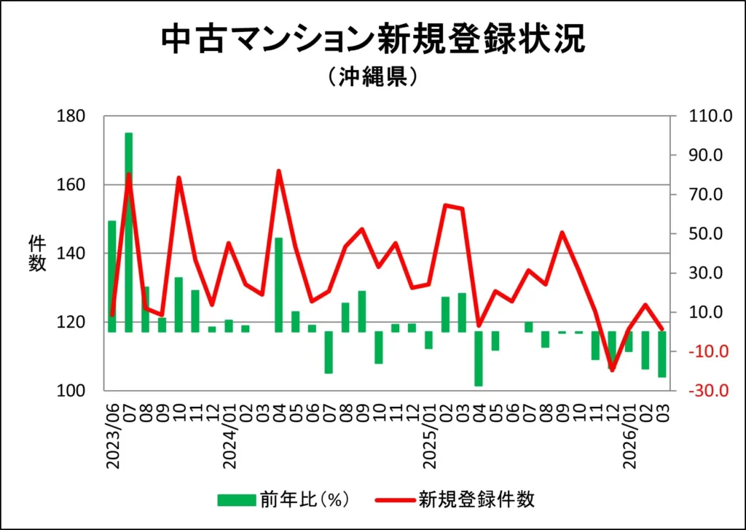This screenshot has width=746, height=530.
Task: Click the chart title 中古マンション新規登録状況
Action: point(372,40)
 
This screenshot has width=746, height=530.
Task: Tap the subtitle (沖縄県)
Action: point(372,76)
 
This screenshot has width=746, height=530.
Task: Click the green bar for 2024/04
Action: point(278,284)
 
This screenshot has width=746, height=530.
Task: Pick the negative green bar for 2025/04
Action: point(478,359)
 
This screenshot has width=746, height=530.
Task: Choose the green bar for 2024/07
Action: point(329,352)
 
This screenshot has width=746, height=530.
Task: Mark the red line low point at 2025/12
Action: point(611,370)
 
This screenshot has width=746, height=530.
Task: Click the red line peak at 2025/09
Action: point(562,233)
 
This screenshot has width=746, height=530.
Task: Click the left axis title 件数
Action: point(37,254)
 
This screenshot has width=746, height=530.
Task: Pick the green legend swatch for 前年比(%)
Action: point(237,499)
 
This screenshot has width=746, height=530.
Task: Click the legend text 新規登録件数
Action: point(476,499)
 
